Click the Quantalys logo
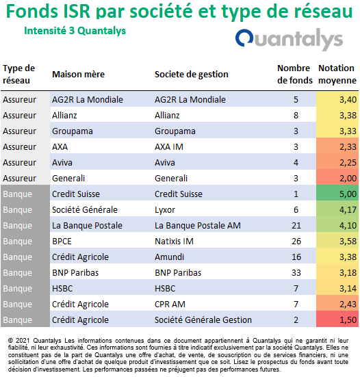click(289, 40)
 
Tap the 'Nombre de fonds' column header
click(295, 75)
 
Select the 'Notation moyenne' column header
click(337, 75)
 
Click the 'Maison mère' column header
click(79, 75)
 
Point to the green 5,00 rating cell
click(337, 194)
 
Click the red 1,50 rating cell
click(337, 320)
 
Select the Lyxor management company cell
click(165, 210)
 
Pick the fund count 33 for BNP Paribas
click(296, 272)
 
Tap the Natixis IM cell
click(174, 241)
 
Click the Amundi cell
click(169, 257)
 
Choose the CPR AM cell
click(170, 304)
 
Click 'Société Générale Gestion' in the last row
click(203, 320)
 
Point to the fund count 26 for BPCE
click(296, 241)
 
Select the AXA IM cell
click(169, 146)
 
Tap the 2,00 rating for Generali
click(348, 179)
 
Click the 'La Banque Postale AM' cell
click(198, 226)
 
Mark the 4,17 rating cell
click(348, 210)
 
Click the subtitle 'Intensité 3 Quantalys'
click(75, 31)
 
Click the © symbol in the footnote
click(10, 341)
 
